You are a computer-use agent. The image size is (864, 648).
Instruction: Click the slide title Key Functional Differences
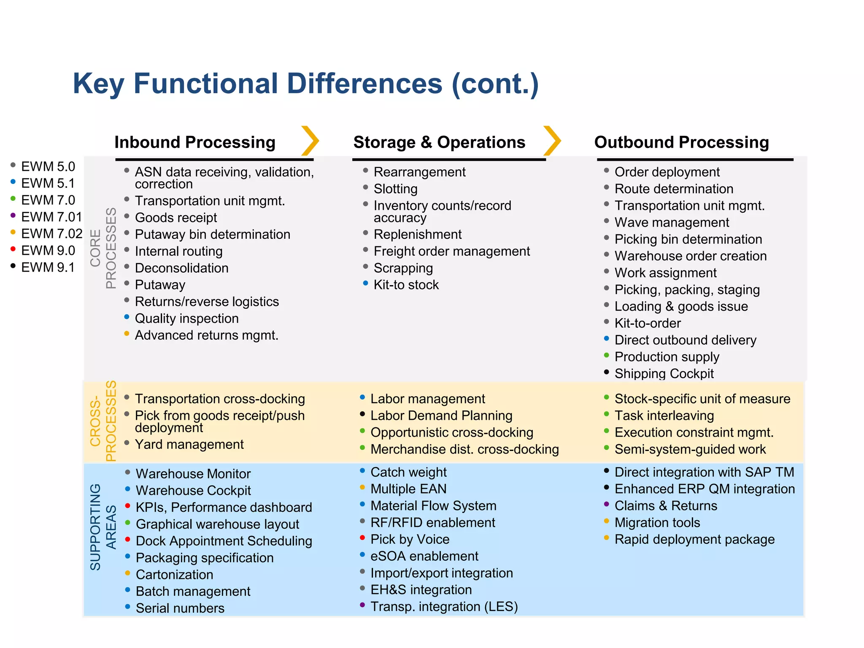[x=305, y=84]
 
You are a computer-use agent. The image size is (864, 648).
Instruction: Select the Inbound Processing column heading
[x=195, y=143]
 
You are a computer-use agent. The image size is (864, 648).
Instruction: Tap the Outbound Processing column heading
[x=681, y=143]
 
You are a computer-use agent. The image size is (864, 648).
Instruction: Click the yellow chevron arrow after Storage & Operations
[x=552, y=141]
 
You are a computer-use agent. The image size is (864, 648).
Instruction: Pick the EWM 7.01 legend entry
[x=51, y=217]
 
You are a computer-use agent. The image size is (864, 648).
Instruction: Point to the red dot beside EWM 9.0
[x=13, y=249]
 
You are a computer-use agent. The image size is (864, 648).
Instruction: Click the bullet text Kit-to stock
[x=406, y=285]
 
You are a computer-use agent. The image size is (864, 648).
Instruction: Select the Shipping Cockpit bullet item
[x=664, y=373]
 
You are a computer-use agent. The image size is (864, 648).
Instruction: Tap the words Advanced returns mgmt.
[x=206, y=335]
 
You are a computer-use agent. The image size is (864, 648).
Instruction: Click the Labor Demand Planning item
[x=441, y=416]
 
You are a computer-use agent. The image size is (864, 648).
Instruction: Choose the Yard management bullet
[x=189, y=444]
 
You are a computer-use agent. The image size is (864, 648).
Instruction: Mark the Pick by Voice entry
[x=410, y=539]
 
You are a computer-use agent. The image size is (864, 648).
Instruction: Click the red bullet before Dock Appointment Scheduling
[x=127, y=539]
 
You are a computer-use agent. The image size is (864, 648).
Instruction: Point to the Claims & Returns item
[x=666, y=505]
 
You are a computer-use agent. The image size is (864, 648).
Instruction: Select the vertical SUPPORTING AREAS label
[x=103, y=527]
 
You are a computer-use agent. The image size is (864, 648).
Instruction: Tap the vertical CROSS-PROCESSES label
[x=103, y=421]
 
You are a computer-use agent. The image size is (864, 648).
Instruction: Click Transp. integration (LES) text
[x=444, y=607]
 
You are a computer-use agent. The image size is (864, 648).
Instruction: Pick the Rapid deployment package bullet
[x=694, y=539]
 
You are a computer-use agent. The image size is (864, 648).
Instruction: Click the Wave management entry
[x=672, y=222]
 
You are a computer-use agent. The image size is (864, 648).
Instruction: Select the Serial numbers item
[x=180, y=608]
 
